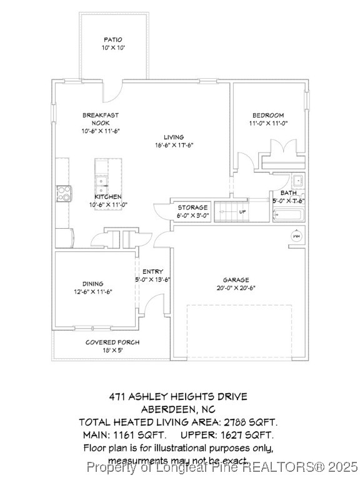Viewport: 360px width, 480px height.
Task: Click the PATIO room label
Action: click(x=114, y=39)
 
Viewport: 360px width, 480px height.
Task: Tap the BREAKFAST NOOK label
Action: click(x=100, y=119)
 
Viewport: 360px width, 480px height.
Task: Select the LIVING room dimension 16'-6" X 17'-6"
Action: click(x=174, y=146)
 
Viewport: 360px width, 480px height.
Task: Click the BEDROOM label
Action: click(x=268, y=115)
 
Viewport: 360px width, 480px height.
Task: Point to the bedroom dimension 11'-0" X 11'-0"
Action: click(x=268, y=123)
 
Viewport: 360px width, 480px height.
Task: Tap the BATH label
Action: click(x=288, y=193)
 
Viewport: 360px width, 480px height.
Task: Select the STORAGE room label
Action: click(x=192, y=207)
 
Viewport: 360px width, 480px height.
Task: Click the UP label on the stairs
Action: click(x=242, y=212)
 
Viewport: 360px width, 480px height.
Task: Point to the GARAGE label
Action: click(x=236, y=280)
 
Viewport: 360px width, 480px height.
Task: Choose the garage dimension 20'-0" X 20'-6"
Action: click(x=236, y=288)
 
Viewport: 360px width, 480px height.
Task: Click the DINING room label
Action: click(x=93, y=284)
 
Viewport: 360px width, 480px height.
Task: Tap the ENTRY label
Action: click(x=153, y=271)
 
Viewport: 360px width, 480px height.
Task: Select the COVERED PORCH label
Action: click(x=112, y=342)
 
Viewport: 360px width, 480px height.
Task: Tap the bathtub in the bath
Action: click(x=288, y=216)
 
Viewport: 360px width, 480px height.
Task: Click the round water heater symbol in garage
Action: click(x=297, y=237)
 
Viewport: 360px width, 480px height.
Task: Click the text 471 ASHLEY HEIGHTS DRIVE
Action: click(x=178, y=396)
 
